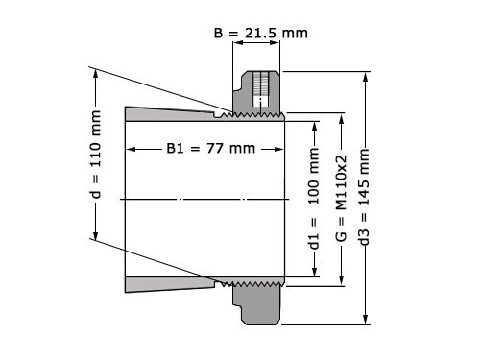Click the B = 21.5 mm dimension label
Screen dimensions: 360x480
259,33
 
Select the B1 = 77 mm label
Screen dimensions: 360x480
205,149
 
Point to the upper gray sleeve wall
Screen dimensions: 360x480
173,113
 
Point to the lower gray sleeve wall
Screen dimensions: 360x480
173,284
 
